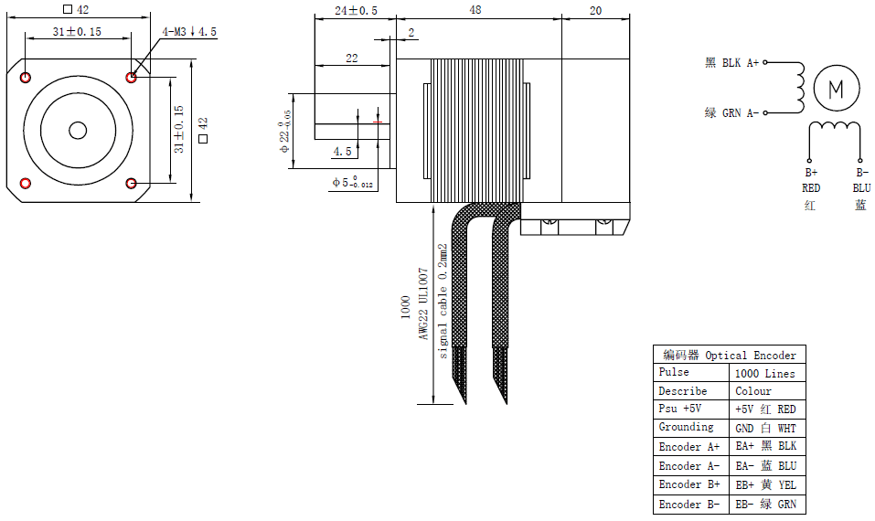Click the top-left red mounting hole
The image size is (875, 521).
click(25, 78)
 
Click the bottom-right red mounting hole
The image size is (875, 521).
click(131, 184)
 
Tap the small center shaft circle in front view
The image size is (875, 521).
click(78, 131)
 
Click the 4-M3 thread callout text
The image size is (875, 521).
click(189, 32)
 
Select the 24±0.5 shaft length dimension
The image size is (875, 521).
click(356, 11)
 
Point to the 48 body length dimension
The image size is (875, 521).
click(475, 10)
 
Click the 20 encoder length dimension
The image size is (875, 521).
click(595, 11)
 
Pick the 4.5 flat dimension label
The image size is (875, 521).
click(343, 151)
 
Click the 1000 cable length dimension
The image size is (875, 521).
click(406, 307)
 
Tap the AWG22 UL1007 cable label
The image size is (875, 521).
click(423, 304)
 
